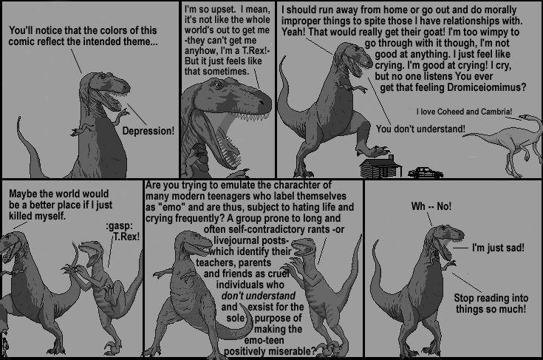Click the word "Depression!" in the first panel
(x=148, y=131)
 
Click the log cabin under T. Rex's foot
(x=380, y=168)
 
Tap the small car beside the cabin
(x=426, y=172)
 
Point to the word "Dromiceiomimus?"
(x=486, y=87)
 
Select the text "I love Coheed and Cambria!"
(x=464, y=112)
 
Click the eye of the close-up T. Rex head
(x=217, y=85)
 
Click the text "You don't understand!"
(x=420, y=129)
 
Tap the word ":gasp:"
(x=119, y=227)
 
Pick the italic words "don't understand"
(x=259, y=296)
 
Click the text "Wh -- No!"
(x=431, y=206)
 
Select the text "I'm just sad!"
(x=498, y=248)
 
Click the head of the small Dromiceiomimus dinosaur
(x=525, y=118)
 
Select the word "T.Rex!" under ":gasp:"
(x=126, y=237)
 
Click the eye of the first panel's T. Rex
(x=103, y=76)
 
